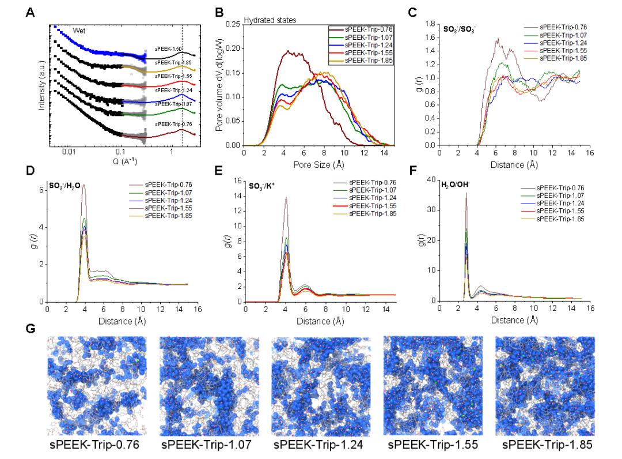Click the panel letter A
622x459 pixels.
(x=29, y=13)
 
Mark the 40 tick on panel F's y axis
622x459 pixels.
(x=429, y=180)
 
